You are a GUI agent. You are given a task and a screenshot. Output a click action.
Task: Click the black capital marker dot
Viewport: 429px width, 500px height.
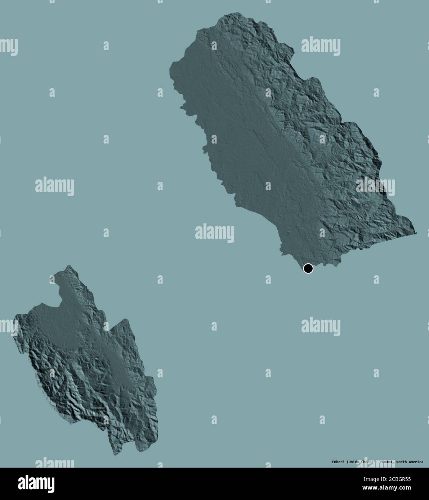click(x=308, y=268)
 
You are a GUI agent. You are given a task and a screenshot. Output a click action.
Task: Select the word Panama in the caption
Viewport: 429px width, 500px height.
click(x=385, y=462)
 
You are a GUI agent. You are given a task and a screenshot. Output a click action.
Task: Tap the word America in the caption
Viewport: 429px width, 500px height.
click(x=414, y=462)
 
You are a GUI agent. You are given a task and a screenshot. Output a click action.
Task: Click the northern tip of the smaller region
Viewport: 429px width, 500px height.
click(x=69, y=266)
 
